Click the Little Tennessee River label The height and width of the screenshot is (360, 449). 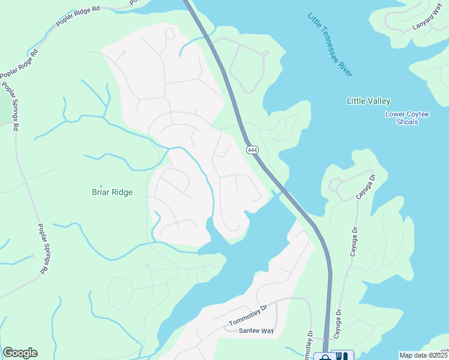click(x=330, y=44)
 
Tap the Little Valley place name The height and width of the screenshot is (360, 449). click(x=369, y=101)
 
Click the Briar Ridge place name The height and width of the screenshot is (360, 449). click(x=112, y=193)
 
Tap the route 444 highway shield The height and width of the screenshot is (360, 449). click(x=250, y=149)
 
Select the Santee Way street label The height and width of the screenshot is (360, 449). click(x=256, y=331)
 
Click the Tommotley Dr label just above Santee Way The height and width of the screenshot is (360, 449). click(x=247, y=316)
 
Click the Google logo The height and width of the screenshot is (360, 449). click(x=20, y=353)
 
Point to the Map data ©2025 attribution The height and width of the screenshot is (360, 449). click(x=423, y=355)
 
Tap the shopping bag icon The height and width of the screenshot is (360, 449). click(x=325, y=356)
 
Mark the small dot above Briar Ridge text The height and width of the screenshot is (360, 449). click(x=101, y=185)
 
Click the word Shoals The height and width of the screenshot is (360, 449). click(x=408, y=122)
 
